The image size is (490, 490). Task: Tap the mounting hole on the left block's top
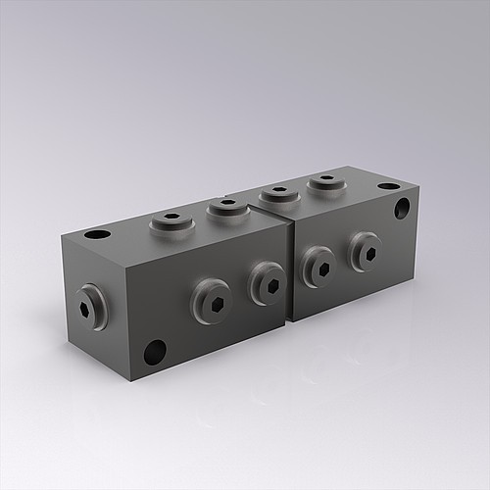tap(96, 235)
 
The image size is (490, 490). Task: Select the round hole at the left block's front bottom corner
tap(155, 350)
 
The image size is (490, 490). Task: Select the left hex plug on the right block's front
tap(318, 265)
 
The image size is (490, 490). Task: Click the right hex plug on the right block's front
tap(365, 253)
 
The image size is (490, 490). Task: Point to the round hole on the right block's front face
tap(403, 208)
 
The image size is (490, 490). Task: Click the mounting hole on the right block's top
tap(389, 186)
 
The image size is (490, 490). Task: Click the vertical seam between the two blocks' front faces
tap(292, 273)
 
